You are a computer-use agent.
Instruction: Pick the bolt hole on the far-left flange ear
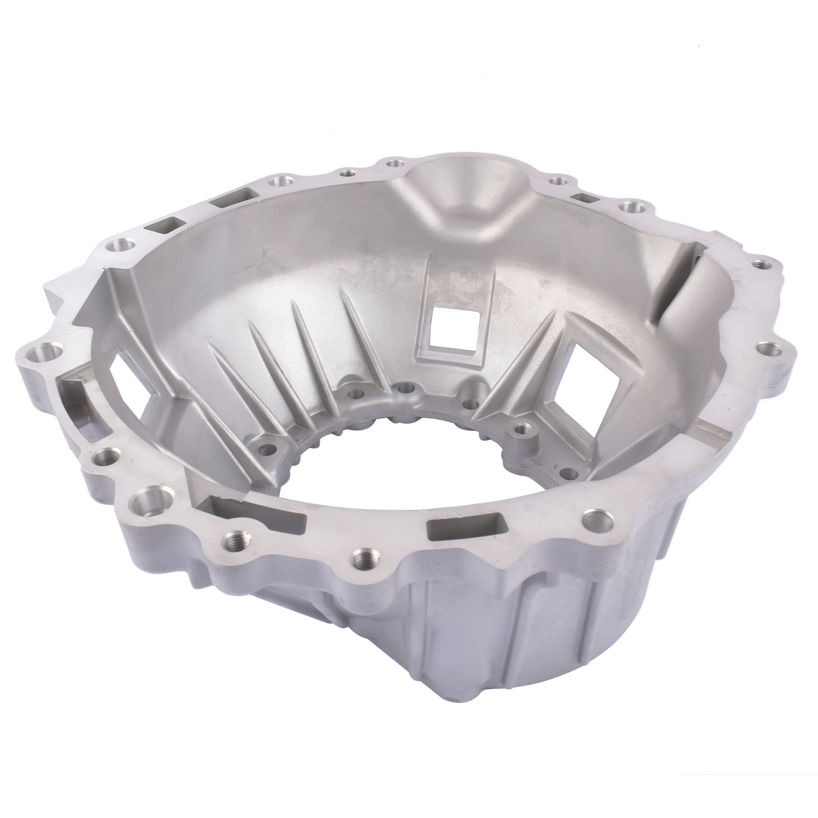tap(42, 353)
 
